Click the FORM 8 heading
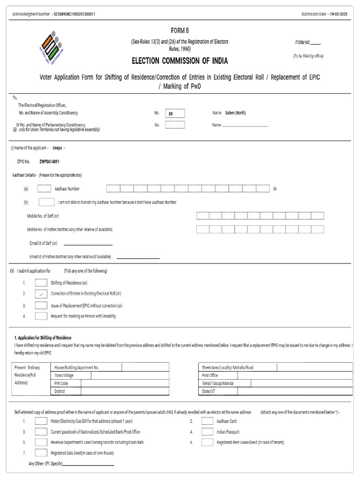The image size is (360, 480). click(180, 31)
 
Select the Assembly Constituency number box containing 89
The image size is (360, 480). click(175, 113)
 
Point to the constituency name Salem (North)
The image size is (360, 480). click(235, 113)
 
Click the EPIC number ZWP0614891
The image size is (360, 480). click(49, 161)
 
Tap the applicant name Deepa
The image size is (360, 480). click(57, 148)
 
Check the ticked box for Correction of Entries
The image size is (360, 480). click(41, 294)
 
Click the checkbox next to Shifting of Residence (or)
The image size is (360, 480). click(41, 283)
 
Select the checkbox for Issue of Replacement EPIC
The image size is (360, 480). click(41, 305)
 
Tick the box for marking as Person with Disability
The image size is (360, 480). click(41, 316)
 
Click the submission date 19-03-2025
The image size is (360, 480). click(338, 14)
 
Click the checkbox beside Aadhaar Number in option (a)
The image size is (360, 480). click(44, 188)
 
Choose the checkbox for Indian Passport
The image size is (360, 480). click(207, 431)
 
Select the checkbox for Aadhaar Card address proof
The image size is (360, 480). click(207, 421)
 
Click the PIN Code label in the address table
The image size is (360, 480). click(61, 383)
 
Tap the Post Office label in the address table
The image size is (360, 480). click(210, 375)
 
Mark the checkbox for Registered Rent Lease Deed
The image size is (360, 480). click(207, 442)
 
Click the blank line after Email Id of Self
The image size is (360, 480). click(88, 244)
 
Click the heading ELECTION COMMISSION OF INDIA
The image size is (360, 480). click(180, 61)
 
